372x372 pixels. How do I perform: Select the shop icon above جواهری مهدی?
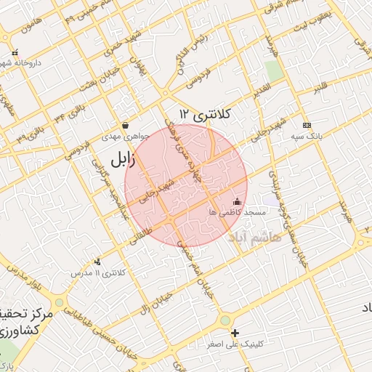[126, 125]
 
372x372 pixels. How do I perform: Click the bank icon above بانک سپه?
[306, 125]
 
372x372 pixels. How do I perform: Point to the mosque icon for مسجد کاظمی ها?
[236, 201]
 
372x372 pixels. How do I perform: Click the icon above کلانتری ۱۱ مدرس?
[98, 262]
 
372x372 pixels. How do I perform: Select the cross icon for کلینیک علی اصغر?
[234, 334]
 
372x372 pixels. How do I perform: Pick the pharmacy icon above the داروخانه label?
[15, 52]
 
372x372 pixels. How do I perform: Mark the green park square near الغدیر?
[274, 71]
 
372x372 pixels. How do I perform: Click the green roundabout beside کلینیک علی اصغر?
[225, 319]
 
